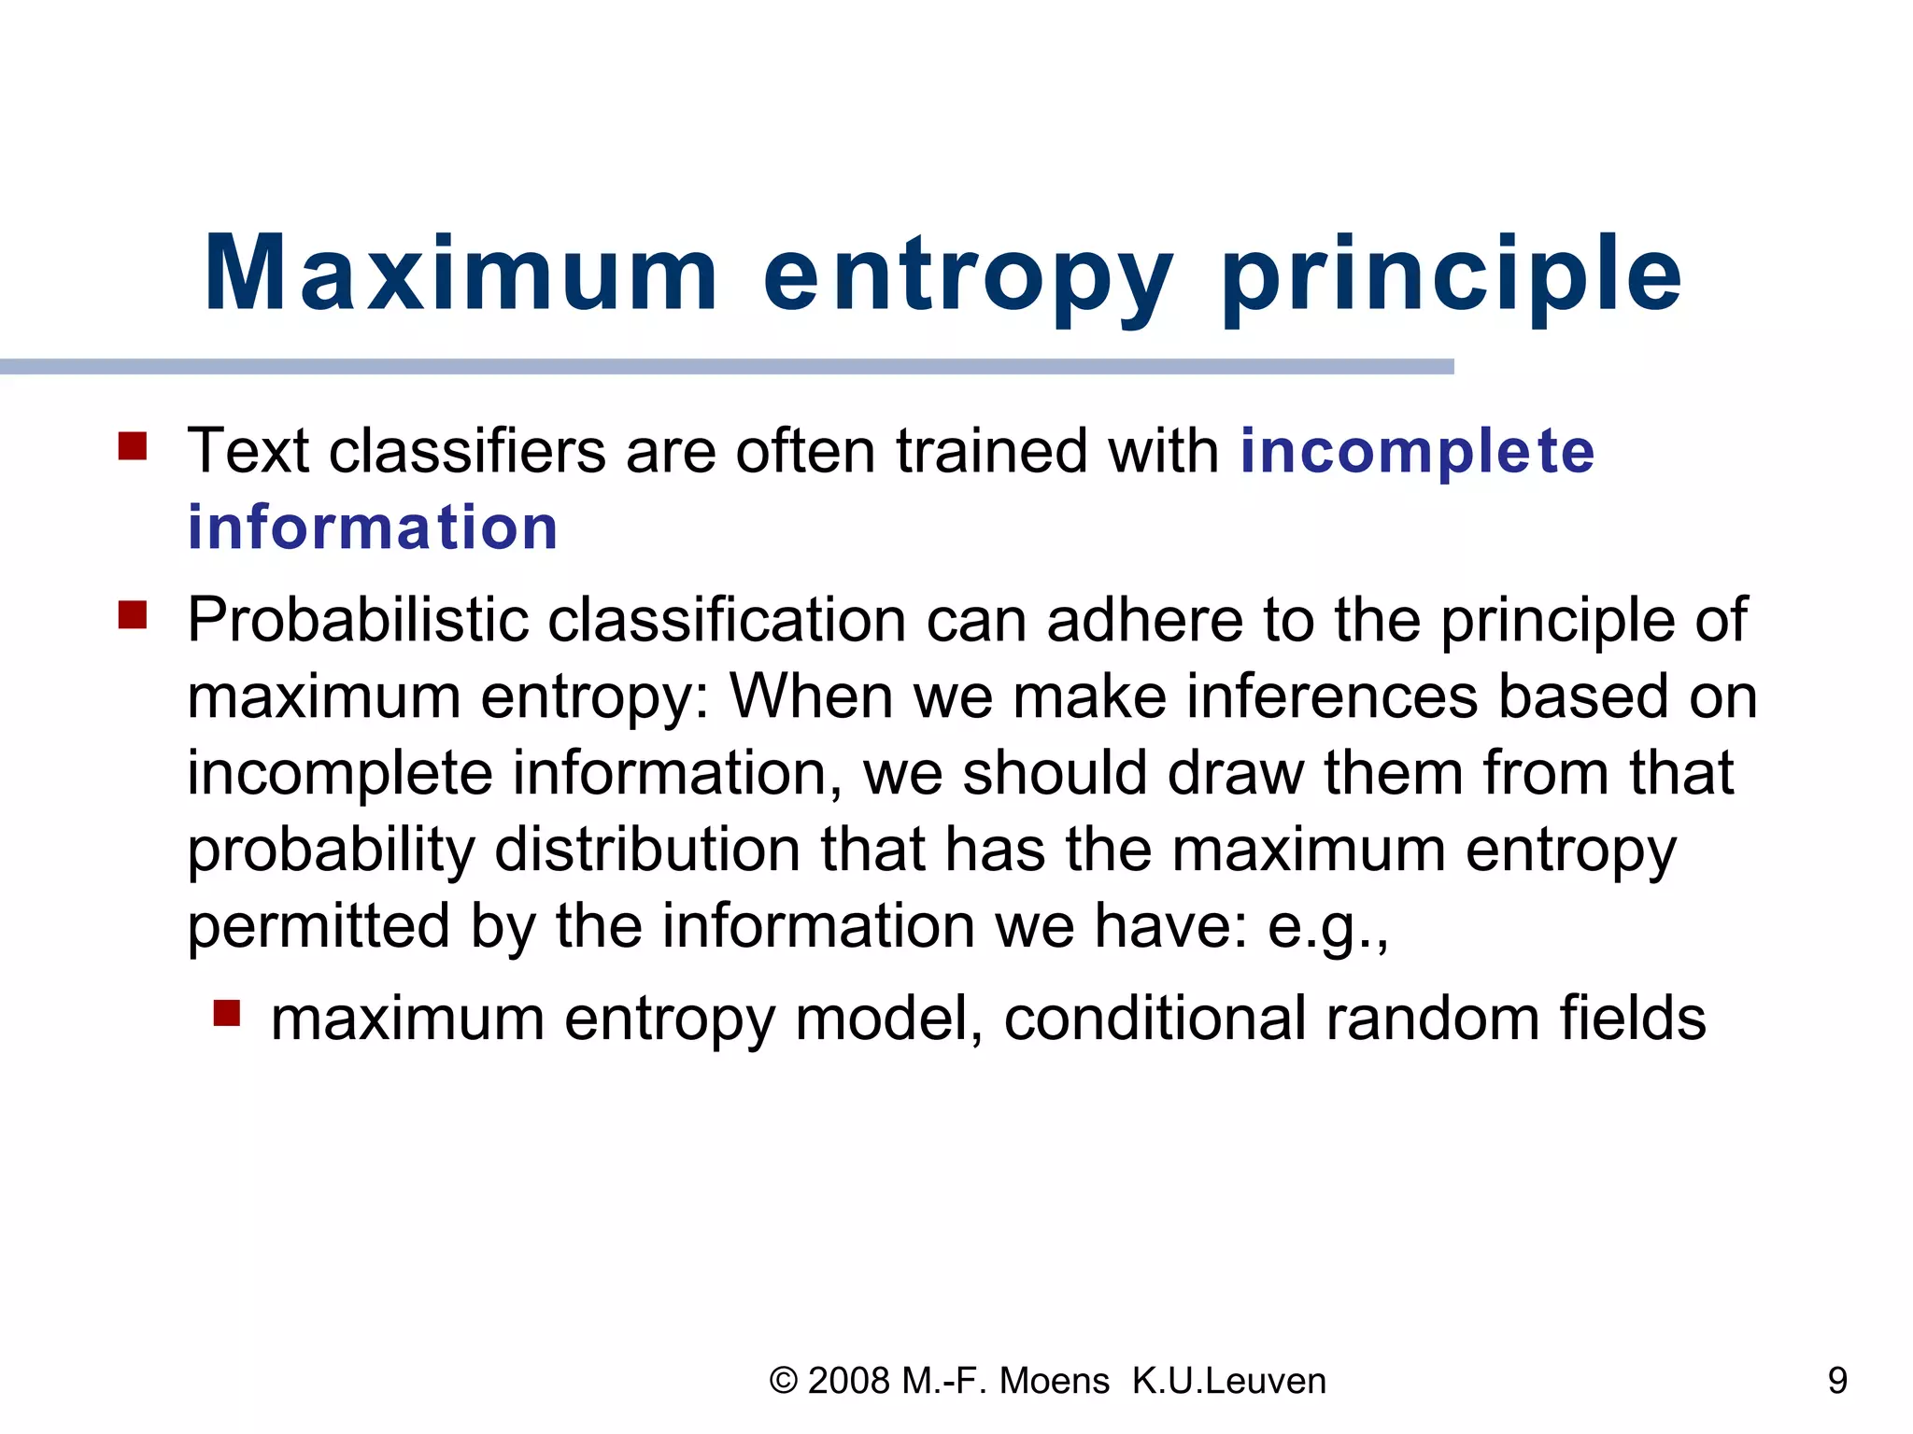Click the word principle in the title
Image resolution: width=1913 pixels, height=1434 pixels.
tap(1451, 275)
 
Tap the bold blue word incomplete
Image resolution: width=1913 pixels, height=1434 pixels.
tap(1416, 452)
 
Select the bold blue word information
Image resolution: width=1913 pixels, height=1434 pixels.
tap(372, 527)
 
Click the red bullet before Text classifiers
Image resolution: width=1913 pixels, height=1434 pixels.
tap(133, 445)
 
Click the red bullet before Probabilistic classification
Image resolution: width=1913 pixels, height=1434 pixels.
tap(133, 615)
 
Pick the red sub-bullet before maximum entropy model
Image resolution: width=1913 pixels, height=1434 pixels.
tap(227, 1013)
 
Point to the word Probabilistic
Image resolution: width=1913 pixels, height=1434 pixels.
tap(358, 621)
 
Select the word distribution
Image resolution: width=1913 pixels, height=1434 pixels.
tap(646, 851)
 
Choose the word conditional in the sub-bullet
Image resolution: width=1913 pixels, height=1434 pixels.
tap(1155, 1019)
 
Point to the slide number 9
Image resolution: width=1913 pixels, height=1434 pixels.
tap(1836, 1381)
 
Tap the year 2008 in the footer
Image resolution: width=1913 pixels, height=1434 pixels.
tap(848, 1381)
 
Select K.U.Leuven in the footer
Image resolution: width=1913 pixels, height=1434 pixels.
tap(1228, 1381)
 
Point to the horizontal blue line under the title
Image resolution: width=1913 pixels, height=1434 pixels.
tap(727, 367)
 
